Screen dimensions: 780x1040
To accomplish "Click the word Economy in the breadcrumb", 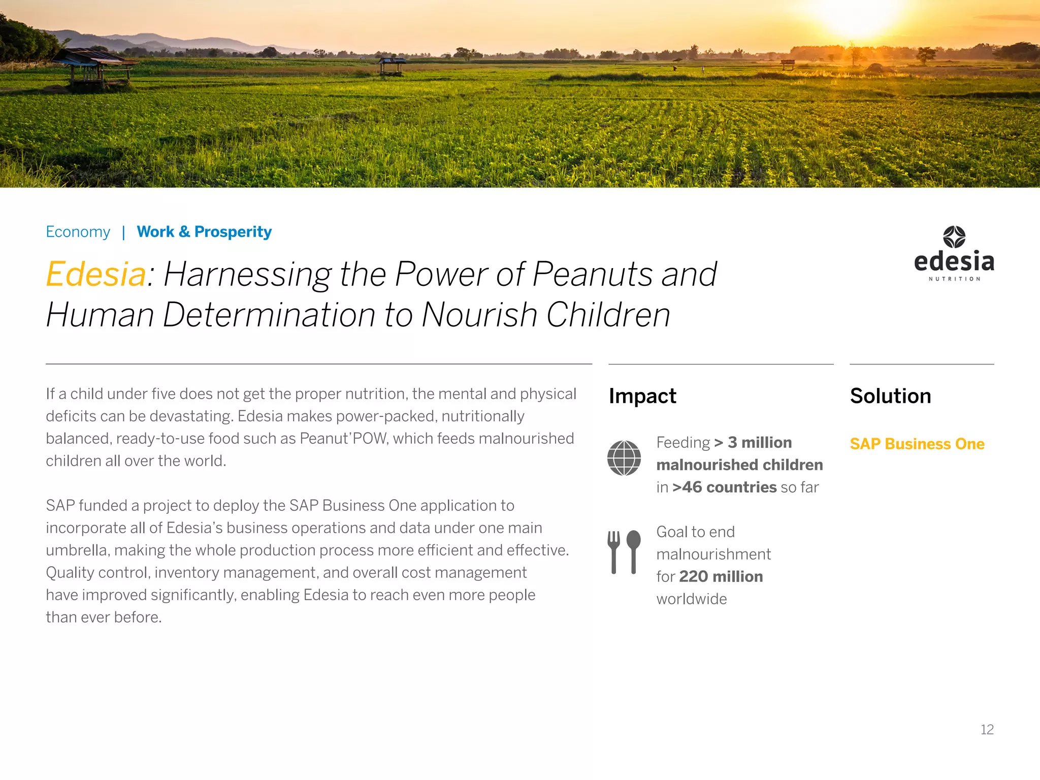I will pyautogui.click(x=78, y=232).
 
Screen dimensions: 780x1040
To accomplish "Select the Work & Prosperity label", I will pyautogui.click(x=204, y=232).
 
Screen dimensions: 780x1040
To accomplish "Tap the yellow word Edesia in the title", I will pyautogui.click(x=96, y=274).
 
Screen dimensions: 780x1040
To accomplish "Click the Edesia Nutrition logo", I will pyautogui.click(x=954, y=253).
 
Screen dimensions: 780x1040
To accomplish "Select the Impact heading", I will pyautogui.click(x=642, y=396).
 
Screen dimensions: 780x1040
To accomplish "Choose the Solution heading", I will pyautogui.click(x=890, y=396).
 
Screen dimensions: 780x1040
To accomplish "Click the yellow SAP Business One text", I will pyautogui.click(x=917, y=444).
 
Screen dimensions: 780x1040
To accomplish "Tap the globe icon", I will pyautogui.click(x=624, y=458).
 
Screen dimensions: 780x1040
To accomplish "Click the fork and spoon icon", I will pyautogui.click(x=624, y=552).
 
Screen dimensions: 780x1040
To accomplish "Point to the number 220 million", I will pyautogui.click(x=721, y=577).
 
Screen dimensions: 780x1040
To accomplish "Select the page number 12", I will pyautogui.click(x=987, y=730).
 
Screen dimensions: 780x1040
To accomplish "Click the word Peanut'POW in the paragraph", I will pyautogui.click(x=343, y=439).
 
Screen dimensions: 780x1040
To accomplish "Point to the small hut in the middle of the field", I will pyautogui.click(x=392, y=67).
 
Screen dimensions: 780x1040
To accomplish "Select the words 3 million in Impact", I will pyautogui.click(x=759, y=443).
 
